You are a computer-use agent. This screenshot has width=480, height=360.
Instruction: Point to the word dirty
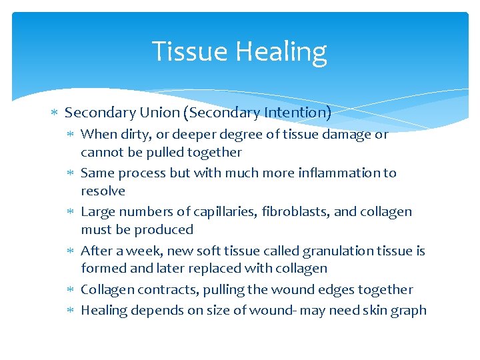pos(133,135)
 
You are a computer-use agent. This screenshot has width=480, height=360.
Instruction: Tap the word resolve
pos(103,191)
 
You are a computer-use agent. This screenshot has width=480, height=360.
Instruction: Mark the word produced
pos(164,230)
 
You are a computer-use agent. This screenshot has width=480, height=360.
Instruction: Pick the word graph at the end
pos(408,311)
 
